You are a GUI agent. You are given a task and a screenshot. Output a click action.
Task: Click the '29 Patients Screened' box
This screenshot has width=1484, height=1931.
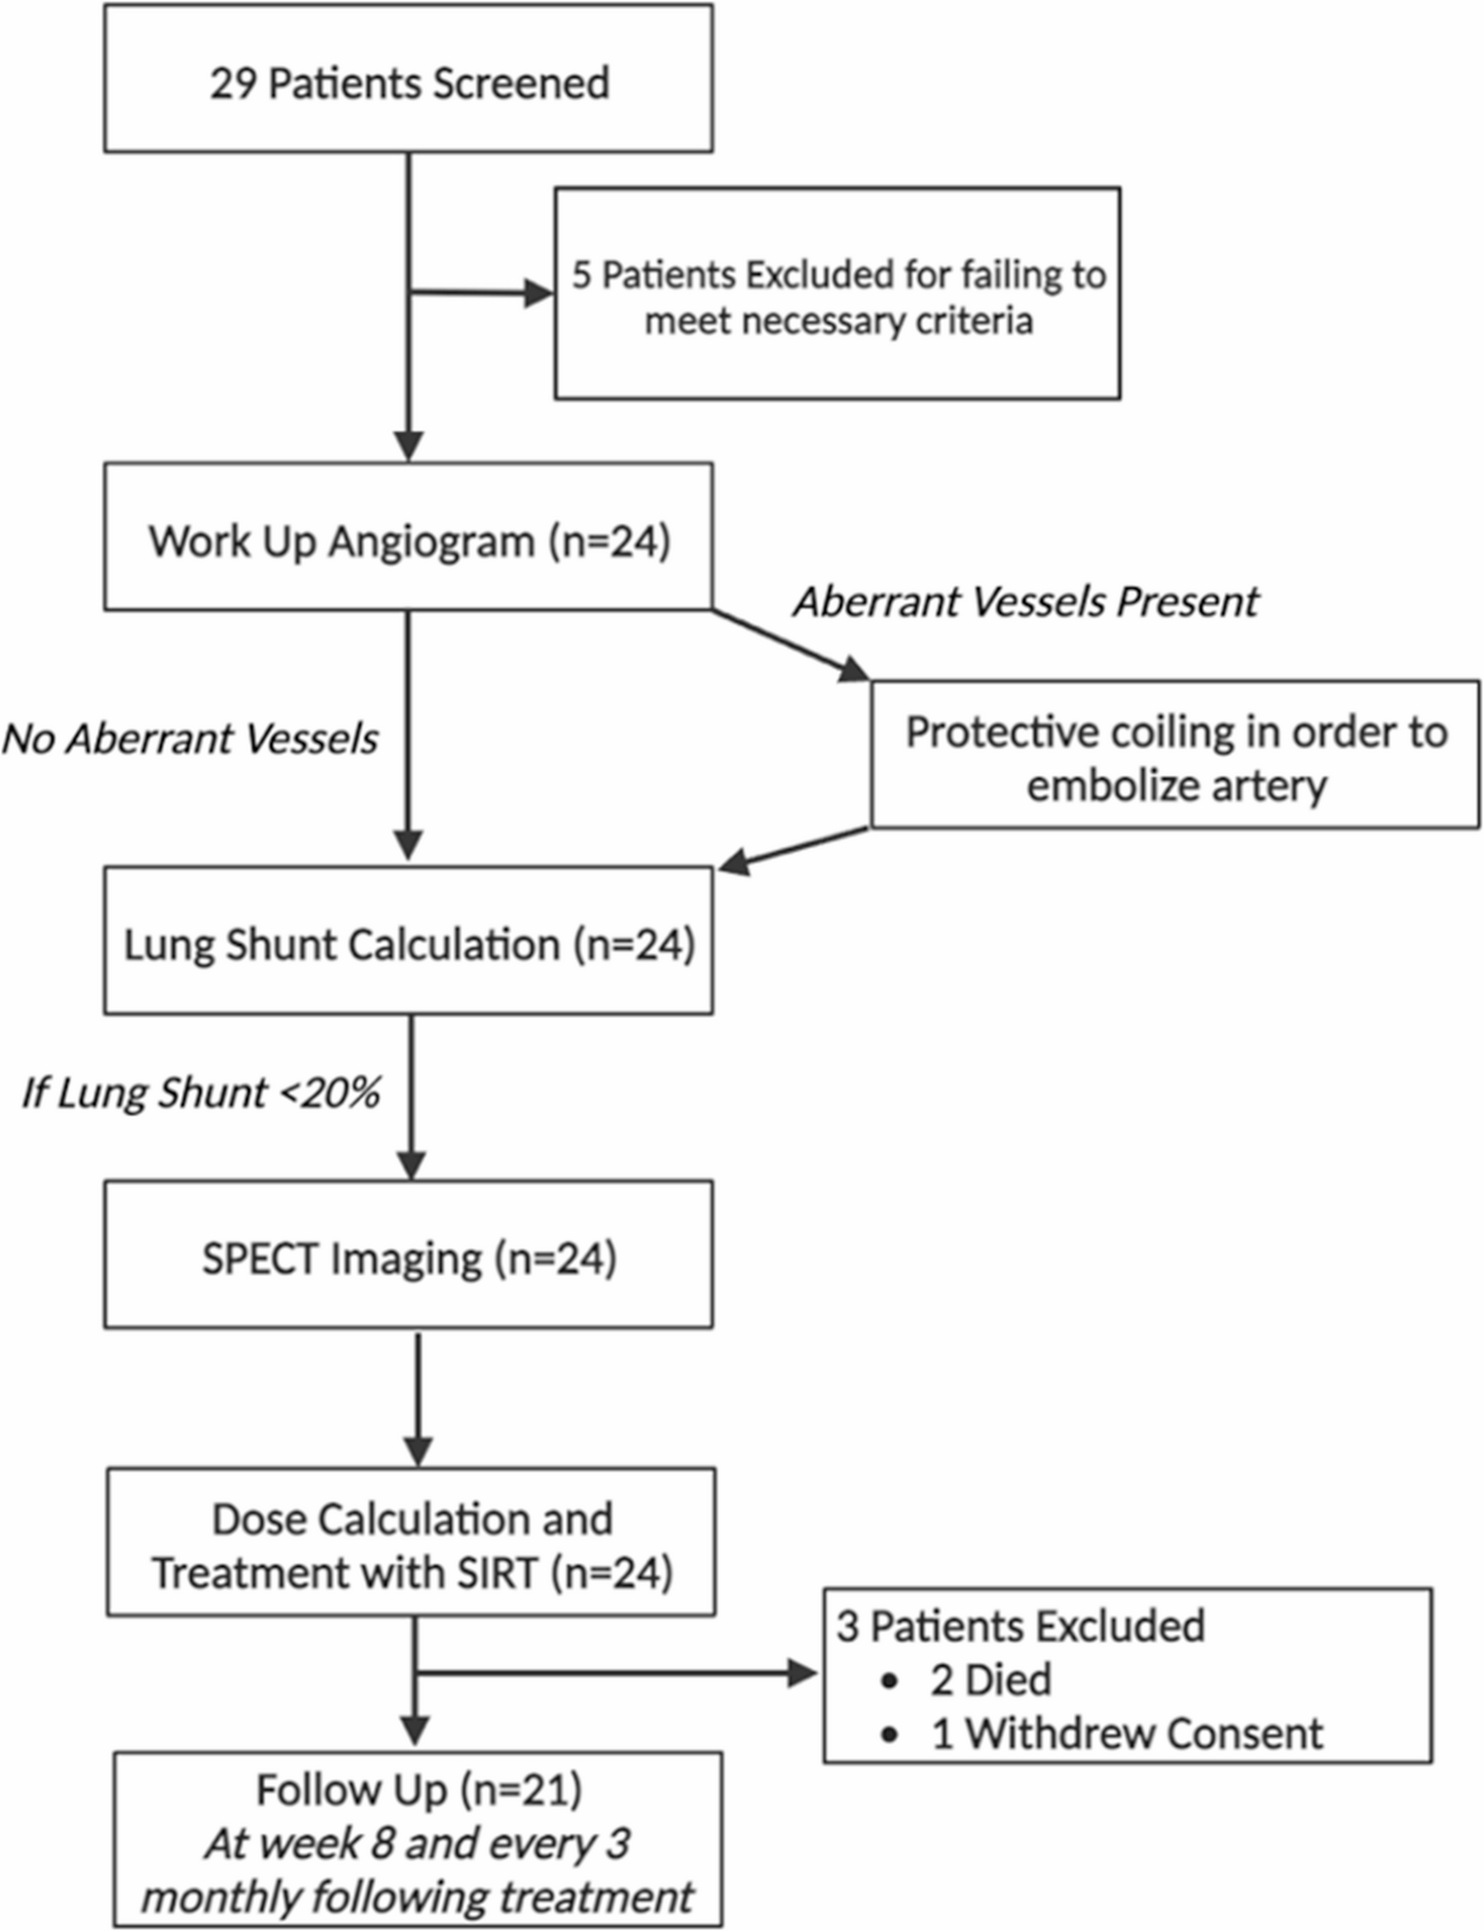[408, 78]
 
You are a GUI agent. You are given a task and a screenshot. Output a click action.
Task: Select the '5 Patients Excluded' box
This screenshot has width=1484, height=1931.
[837, 293]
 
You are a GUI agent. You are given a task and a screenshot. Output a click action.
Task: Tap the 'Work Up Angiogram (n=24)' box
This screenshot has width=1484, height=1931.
[408, 537]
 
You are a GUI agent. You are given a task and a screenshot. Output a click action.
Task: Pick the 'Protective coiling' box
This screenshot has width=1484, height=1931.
[1175, 755]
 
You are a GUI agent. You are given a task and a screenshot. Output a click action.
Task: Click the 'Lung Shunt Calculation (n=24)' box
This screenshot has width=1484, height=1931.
[408, 941]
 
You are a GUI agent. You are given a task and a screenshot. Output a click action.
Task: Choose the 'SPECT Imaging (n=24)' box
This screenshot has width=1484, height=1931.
[408, 1254]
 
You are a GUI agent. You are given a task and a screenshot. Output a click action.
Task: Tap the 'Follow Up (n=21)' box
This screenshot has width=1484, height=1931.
[418, 1839]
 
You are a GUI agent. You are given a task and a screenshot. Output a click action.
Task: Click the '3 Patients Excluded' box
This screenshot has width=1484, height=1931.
[1128, 1676]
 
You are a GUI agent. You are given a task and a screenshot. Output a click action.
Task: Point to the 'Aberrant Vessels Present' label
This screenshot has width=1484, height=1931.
[1026, 601]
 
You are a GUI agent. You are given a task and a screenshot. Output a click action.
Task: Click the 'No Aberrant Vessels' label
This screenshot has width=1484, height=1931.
[190, 738]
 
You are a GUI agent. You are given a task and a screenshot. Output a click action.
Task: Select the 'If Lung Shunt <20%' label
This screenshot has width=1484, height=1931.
[202, 1093]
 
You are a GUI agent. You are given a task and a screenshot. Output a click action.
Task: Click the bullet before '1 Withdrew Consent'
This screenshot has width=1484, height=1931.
[888, 1735]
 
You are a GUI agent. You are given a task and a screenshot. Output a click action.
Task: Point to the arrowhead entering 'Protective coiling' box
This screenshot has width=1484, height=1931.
[854, 668]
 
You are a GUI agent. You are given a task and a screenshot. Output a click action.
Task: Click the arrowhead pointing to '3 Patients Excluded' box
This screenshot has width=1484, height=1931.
[802, 1674]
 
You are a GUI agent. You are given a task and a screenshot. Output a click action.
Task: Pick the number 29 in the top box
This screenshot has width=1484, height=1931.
[233, 84]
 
